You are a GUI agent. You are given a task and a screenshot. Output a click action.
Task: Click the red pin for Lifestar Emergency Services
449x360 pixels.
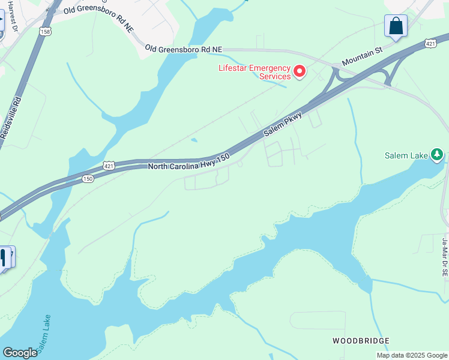coord(299,73)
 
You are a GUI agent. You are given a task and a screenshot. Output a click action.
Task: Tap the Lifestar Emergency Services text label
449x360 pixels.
coord(254,72)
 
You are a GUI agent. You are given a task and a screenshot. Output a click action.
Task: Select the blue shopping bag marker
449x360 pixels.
coord(396,26)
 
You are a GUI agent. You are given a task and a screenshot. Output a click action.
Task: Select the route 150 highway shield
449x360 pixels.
coord(88,178)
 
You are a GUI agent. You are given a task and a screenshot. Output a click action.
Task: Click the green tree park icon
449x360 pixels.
coord(437,155)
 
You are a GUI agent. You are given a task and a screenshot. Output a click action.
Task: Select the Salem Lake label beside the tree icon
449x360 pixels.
coord(406,155)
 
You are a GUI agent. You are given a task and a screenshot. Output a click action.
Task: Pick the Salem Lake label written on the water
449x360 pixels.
coord(47,333)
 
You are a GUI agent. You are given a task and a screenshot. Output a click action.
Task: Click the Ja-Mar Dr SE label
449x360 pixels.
coord(445,257)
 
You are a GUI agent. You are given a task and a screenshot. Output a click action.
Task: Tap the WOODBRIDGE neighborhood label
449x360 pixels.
coord(361,341)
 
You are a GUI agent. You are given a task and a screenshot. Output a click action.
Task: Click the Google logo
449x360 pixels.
coord(20,353)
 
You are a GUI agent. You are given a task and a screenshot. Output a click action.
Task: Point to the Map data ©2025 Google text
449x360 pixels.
coord(411,355)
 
